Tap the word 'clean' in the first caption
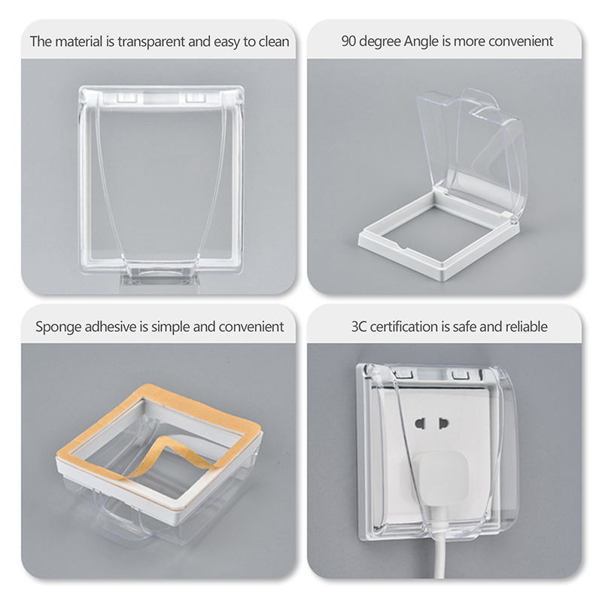coord(274,41)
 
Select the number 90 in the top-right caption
coord(348,41)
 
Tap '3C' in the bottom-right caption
coord(359,327)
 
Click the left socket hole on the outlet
coord(421,424)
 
